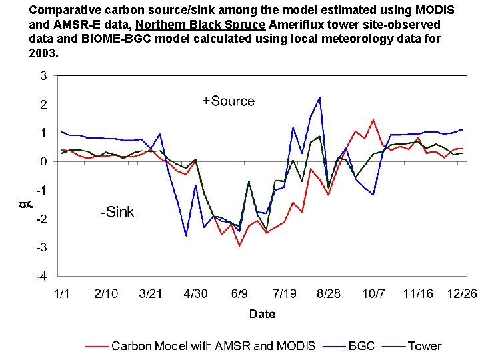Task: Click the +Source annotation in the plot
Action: pyautogui.click(x=229, y=101)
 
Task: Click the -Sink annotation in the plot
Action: pyautogui.click(x=117, y=213)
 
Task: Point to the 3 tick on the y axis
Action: pyautogui.click(x=43, y=76)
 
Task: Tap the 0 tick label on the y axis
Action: pyautogui.click(x=43, y=161)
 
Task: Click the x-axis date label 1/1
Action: pyautogui.click(x=61, y=293)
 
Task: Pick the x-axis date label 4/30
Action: pyautogui.click(x=195, y=293)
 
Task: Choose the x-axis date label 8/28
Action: pyautogui.click(x=329, y=293)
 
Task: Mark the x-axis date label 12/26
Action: pyautogui.click(x=461, y=293)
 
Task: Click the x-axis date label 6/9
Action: pyautogui.click(x=239, y=293)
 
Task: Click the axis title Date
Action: pyautogui.click(x=262, y=314)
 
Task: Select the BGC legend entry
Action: pyautogui.click(x=362, y=345)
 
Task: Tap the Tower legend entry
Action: pyautogui.click(x=424, y=345)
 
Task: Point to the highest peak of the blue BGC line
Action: pyautogui.click(x=319, y=98)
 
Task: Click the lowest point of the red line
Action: pyautogui.click(x=239, y=245)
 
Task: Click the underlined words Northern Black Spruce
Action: pyautogui.click(x=201, y=25)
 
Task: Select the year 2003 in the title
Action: pyautogui.click(x=43, y=53)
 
